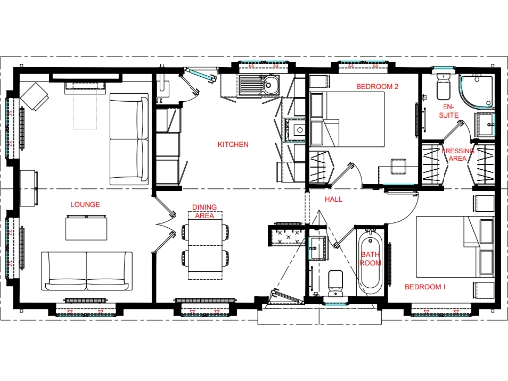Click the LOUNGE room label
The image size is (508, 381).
pyautogui.click(x=85, y=205)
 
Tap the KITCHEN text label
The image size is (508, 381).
pyautogui.click(x=232, y=145)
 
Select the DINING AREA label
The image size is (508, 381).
pyautogui.click(x=204, y=212)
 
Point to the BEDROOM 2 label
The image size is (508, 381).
pyautogui.click(x=377, y=87)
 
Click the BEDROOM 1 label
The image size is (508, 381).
pyautogui.click(x=425, y=287)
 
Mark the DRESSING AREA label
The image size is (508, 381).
pyautogui.click(x=458, y=154)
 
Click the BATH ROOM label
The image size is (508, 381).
pyautogui.click(x=370, y=260)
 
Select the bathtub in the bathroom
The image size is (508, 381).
pyautogui.click(x=369, y=262)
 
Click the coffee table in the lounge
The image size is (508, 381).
pyautogui.click(x=85, y=228)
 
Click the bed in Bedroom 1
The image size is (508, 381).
pyautogui.click(x=444, y=245)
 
